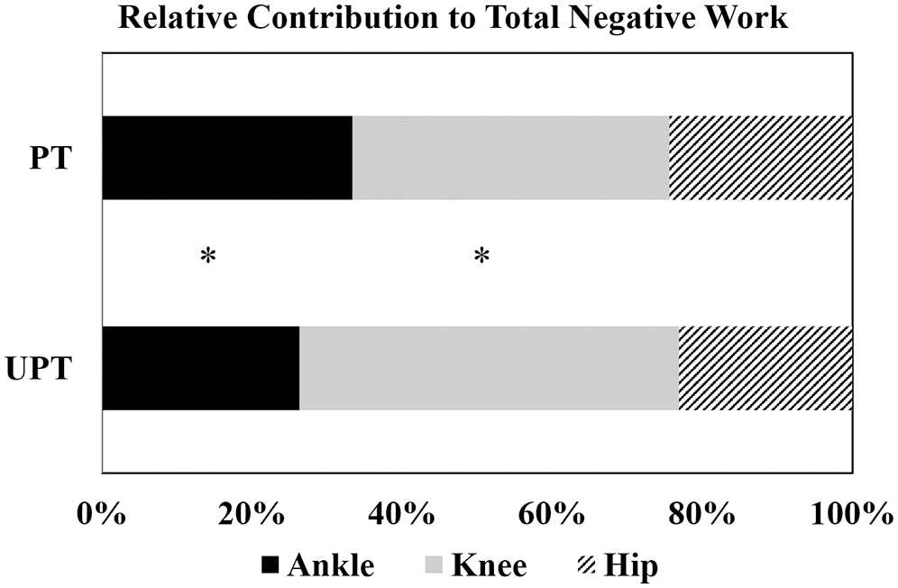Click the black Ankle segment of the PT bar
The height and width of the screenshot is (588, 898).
point(226,158)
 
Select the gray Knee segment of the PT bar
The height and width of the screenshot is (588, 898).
point(510,158)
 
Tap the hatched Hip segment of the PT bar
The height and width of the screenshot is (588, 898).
point(760,158)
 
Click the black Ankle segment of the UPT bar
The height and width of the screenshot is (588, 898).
point(200,368)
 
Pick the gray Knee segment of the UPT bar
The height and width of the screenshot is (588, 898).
point(489,368)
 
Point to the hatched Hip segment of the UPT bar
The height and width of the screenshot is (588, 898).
point(765,368)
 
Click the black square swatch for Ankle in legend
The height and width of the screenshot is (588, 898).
point(270,565)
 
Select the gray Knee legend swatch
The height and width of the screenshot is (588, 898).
point(433,565)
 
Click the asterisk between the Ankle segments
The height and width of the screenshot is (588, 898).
point(208,257)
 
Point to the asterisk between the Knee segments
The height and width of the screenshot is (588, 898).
point(482,257)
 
